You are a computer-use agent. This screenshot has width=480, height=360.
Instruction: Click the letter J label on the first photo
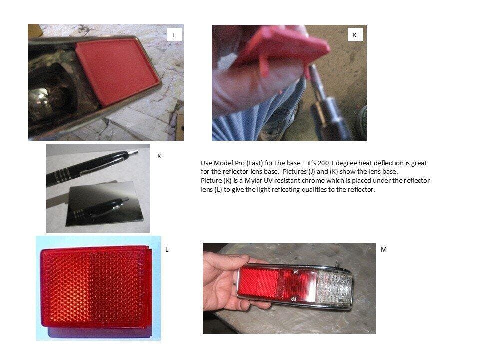173,35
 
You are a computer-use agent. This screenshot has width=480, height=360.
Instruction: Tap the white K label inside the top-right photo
355,35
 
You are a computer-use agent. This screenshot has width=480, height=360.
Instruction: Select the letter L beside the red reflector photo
167,250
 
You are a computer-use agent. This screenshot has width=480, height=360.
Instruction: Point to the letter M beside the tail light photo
384,250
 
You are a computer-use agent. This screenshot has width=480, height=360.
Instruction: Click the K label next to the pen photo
159,156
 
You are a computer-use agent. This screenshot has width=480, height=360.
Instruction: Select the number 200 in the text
323,163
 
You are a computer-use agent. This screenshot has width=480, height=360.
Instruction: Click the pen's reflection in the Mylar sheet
101,208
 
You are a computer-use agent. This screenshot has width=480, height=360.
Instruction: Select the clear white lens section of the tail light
334,287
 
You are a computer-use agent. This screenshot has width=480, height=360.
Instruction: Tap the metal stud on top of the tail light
336,263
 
